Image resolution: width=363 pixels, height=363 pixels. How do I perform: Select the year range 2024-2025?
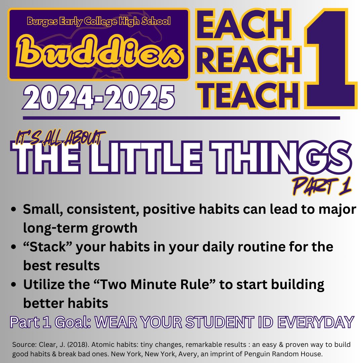click(x=98, y=97)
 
